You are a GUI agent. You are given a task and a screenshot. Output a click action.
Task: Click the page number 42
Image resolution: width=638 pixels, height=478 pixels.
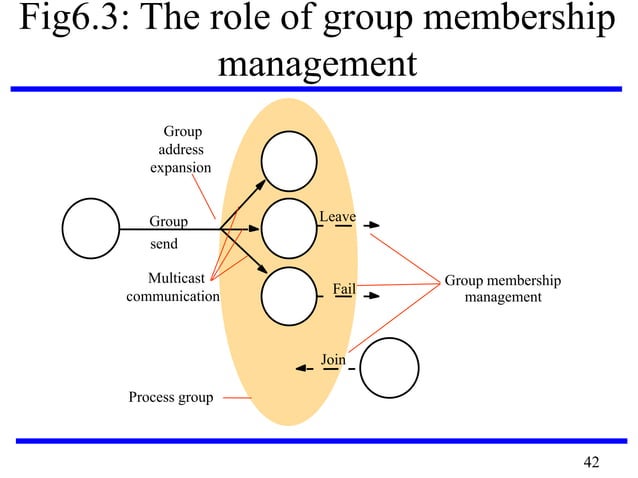point(591,461)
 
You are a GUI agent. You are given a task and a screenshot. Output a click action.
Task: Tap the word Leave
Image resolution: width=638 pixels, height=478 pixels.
point(337,216)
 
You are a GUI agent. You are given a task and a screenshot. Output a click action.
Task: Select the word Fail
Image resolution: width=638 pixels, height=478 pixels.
point(344,289)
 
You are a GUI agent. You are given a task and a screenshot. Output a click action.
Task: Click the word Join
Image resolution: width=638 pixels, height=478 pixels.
point(333,359)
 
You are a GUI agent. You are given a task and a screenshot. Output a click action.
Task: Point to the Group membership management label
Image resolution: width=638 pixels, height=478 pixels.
point(502,289)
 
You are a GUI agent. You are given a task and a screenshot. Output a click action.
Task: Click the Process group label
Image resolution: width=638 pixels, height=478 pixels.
point(170,398)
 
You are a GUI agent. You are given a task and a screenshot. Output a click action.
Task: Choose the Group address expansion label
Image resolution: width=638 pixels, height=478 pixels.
point(180,149)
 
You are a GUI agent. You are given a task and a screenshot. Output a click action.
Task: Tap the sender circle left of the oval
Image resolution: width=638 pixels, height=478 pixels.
point(91,228)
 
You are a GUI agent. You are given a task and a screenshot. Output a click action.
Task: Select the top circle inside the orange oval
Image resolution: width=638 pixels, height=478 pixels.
point(289,160)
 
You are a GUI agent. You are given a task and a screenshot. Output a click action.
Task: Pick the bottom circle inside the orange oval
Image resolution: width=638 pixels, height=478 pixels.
point(289,296)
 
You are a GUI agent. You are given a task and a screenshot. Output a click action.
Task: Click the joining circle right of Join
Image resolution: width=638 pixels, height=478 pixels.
point(389,369)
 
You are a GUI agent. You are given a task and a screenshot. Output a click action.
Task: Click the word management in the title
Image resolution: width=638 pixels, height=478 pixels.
point(315,65)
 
